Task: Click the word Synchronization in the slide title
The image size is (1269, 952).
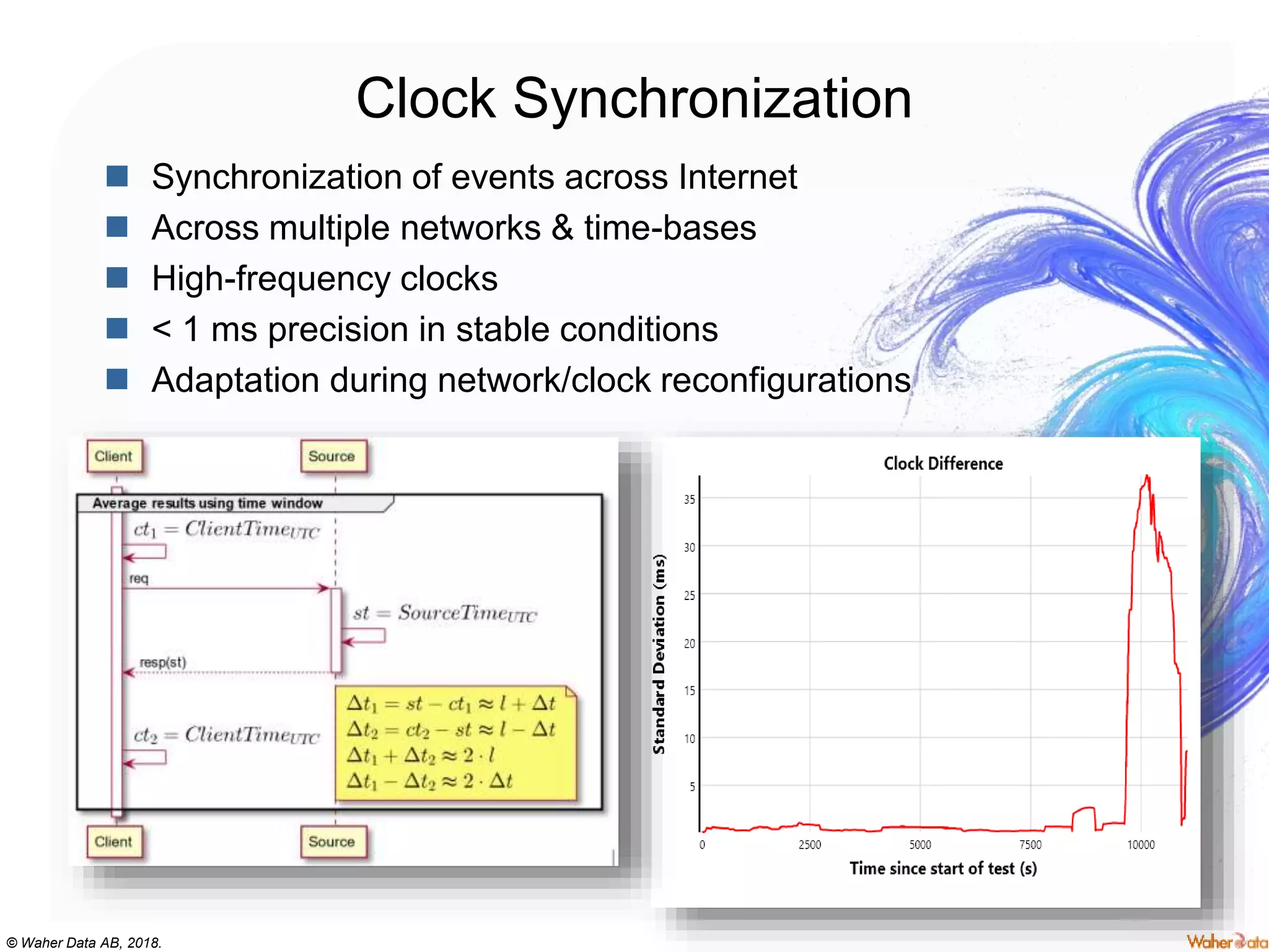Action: tap(713, 99)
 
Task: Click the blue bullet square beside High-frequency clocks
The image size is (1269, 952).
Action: tap(116, 278)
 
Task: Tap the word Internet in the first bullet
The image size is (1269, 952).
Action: tap(737, 177)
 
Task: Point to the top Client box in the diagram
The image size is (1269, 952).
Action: tap(114, 456)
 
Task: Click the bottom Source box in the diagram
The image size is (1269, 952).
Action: tap(332, 842)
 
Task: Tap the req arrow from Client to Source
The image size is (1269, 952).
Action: tap(226, 588)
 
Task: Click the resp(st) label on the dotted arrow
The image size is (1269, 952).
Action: tap(162, 662)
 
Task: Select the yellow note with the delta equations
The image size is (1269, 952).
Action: tap(455, 743)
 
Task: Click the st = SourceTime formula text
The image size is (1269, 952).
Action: tap(444, 613)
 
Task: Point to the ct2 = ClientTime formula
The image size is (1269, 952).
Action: tap(226, 734)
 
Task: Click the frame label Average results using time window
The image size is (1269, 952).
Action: tap(208, 503)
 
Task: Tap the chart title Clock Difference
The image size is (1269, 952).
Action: tap(942, 464)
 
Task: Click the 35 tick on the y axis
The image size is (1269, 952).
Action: tap(689, 500)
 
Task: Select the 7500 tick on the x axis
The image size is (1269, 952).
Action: tap(1030, 845)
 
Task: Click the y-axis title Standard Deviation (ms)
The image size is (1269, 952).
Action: tap(659, 654)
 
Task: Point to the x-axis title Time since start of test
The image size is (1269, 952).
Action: tap(942, 868)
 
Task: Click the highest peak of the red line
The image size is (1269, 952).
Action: tap(1147, 477)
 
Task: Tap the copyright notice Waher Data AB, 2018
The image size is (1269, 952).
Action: tap(84, 943)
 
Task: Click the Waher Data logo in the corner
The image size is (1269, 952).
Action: tap(1226, 941)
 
